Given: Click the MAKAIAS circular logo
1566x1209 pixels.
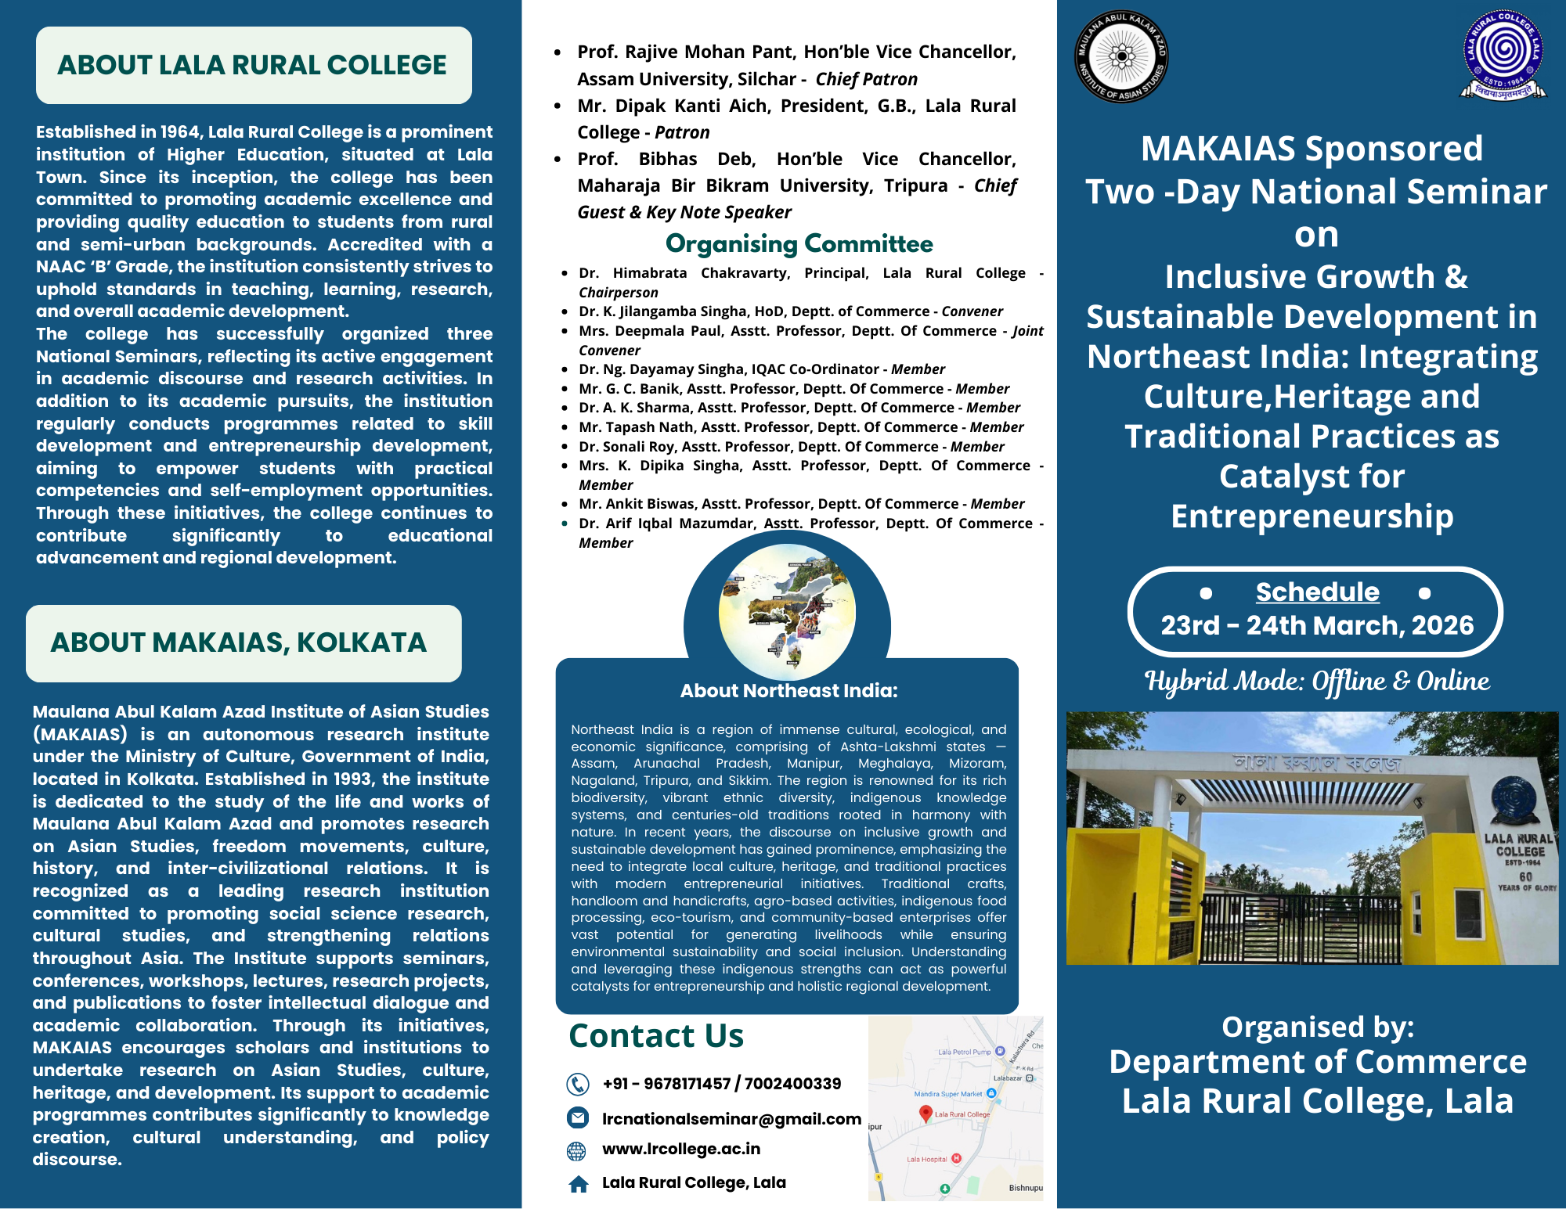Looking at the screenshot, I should click(x=1122, y=56).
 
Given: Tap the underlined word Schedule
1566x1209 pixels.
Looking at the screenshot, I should click(x=1317, y=592).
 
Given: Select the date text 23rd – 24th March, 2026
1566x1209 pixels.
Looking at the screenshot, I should click(x=1317, y=626).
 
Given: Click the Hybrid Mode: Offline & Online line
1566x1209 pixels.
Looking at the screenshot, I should click(x=1317, y=681).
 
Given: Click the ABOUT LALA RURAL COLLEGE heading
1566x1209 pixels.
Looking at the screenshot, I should click(x=252, y=65).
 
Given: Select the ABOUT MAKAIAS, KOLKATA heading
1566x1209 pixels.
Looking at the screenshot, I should click(x=239, y=642).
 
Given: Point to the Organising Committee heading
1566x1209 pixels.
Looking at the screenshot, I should click(x=799, y=244).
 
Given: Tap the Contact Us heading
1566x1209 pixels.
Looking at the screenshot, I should click(x=656, y=1036).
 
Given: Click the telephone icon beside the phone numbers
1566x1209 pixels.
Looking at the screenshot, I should click(x=578, y=1084).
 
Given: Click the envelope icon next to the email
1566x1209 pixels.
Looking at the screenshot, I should click(x=578, y=1118).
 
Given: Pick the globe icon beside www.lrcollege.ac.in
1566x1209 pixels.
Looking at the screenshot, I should click(x=576, y=1150).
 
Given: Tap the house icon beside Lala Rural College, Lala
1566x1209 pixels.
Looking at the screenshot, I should click(x=579, y=1184).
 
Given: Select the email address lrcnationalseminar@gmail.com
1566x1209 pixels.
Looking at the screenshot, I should click(x=731, y=1119).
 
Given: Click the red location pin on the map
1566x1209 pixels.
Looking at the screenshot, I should click(x=926, y=1113).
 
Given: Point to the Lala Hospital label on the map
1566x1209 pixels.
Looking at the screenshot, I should click(x=927, y=1160).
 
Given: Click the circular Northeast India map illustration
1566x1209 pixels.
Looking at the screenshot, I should click(x=787, y=611).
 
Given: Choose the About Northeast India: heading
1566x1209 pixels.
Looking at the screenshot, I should click(x=788, y=691).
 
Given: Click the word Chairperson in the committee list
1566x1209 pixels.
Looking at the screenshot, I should click(x=619, y=293).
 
